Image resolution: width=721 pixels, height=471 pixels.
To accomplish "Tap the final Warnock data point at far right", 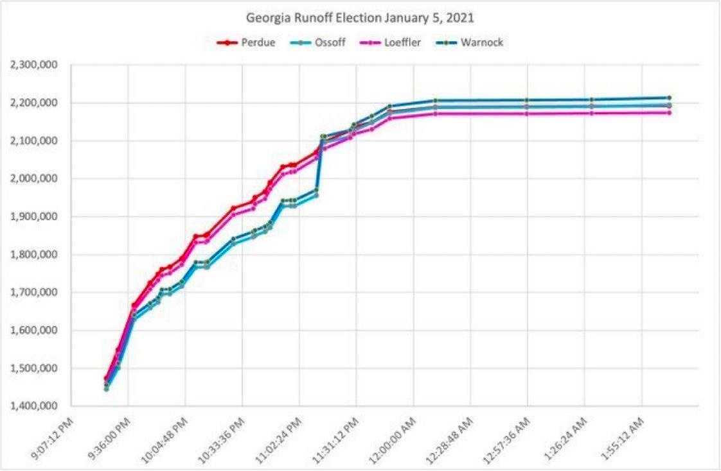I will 669,98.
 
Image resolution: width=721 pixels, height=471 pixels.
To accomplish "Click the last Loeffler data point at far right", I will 669,113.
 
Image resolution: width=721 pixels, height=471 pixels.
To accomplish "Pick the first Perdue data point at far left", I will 106,379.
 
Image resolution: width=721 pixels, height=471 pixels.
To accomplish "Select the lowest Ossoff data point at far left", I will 106,389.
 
